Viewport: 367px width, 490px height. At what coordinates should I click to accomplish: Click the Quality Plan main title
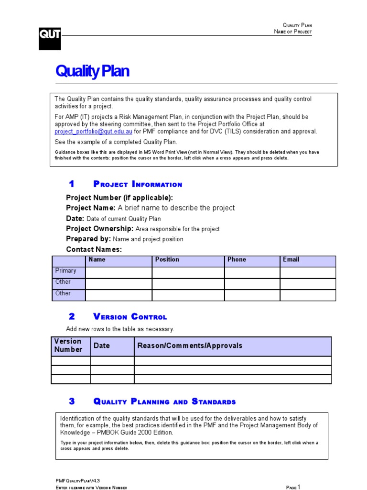[92, 71]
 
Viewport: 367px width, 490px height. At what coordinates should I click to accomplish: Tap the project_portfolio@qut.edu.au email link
[93, 132]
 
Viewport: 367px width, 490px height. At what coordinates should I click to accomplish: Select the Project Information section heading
[138, 184]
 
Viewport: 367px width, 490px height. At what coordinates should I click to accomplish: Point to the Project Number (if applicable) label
[119, 198]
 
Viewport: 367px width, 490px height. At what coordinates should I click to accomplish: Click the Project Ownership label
[100, 229]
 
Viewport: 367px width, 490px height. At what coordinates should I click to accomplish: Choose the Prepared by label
[88, 239]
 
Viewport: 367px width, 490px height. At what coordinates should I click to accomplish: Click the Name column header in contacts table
[97, 259]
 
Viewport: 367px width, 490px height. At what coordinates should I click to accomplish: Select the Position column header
[167, 259]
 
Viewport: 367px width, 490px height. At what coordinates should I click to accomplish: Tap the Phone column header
[237, 259]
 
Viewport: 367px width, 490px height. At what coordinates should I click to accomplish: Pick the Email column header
[291, 259]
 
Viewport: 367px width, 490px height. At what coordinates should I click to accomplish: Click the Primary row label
[65, 271]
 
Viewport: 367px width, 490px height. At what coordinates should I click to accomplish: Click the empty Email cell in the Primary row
[308, 272]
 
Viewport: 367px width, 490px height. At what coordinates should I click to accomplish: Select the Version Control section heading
[130, 317]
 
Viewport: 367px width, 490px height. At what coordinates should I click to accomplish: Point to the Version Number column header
[68, 345]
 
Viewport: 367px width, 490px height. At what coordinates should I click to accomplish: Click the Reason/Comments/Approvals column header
[190, 345]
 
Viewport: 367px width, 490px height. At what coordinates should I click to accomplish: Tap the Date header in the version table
[102, 345]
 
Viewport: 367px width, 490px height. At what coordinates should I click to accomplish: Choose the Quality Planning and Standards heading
[164, 401]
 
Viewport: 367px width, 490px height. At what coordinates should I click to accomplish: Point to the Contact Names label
[94, 249]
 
